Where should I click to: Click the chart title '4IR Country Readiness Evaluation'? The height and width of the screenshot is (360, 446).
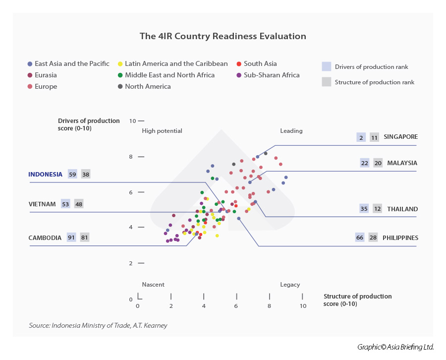click(x=223, y=36)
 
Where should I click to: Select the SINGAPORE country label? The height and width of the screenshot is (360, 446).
click(x=401, y=137)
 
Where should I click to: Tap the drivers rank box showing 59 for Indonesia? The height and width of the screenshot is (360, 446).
click(x=73, y=174)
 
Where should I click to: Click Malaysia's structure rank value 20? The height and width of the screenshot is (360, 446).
click(x=378, y=163)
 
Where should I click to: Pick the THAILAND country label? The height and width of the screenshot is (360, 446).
click(x=402, y=209)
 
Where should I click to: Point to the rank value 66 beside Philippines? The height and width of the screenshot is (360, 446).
click(x=360, y=238)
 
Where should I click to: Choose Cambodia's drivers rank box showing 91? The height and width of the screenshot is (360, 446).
click(x=71, y=238)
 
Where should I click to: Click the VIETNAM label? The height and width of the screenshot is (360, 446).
click(x=42, y=204)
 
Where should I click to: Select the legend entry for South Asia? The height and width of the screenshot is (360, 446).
click(x=260, y=63)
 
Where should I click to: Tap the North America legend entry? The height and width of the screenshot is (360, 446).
click(x=148, y=86)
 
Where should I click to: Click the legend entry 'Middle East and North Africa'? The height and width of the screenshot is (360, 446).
click(x=169, y=75)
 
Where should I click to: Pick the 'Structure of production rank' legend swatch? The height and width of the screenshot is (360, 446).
click(x=326, y=82)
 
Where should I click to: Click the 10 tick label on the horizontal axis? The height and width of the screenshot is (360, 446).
click(x=302, y=306)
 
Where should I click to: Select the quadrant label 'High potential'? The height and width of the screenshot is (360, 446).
click(x=162, y=131)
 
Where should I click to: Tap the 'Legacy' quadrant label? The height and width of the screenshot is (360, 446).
click(x=290, y=285)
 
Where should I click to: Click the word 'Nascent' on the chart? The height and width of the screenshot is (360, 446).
click(x=153, y=285)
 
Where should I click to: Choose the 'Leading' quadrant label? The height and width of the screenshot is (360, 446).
click(x=291, y=131)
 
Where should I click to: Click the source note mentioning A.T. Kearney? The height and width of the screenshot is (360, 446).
click(x=98, y=325)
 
